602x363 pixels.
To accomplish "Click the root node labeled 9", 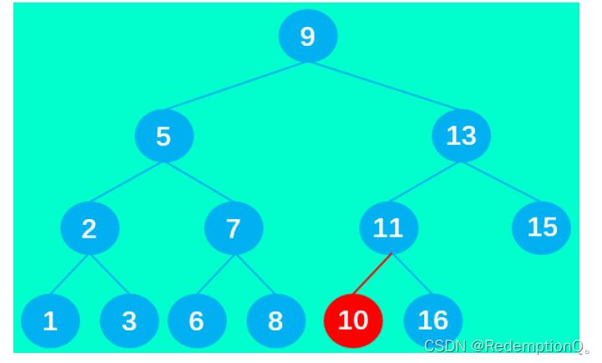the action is tap(308, 36).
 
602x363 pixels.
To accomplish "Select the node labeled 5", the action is tap(164, 135).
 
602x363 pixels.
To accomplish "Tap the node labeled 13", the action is tap(462, 135).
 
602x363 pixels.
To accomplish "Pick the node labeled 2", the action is tap(90, 228).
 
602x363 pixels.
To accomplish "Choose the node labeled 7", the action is tap(234, 228).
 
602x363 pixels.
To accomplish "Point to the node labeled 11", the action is tap(388, 228).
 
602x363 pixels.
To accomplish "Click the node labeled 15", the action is tap(541, 227).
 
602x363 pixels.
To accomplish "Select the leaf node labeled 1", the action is tap(50, 321).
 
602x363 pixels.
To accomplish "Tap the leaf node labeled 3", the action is tap(129, 321).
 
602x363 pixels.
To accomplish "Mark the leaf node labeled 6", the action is tap(197, 321).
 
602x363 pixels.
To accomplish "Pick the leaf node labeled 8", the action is tap(276, 321).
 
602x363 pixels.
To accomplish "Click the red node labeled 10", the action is tap(353, 321).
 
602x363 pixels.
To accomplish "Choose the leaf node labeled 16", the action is tap(433, 320).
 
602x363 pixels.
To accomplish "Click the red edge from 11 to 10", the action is tap(372, 274).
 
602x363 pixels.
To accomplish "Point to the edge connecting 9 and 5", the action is tap(236, 85).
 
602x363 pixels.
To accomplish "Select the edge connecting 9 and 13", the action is tap(385, 85).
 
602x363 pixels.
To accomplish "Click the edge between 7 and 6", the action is tap(215, 274).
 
